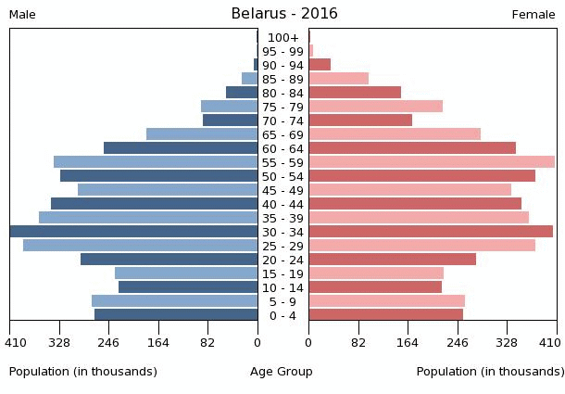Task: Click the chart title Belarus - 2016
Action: point(283,14)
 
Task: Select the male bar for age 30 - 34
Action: point(133,232)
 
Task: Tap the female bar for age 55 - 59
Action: point(432,162)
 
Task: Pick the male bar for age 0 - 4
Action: point(176,315)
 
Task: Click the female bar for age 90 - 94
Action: point(320,65)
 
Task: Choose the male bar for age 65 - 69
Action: point(202,134)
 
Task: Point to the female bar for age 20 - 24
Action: point(392,260)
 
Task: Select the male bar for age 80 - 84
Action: point(242,93)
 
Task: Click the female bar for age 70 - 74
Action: point(360,121)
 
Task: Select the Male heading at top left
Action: point(22,15)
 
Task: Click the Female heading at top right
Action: point(534,15)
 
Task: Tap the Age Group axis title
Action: point(282,372)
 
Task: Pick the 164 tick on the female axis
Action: point(408,342)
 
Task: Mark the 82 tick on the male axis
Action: point(207,342)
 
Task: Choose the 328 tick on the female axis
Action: point(507,342)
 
